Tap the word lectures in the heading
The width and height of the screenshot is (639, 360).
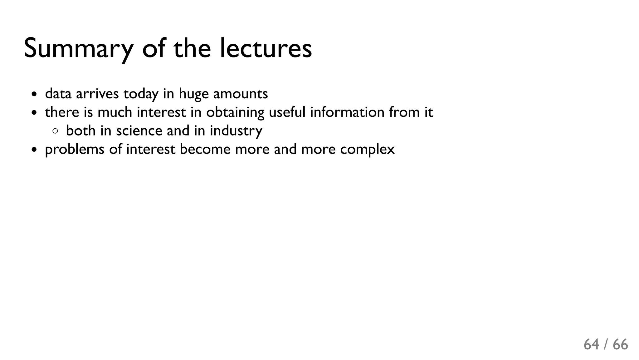266,49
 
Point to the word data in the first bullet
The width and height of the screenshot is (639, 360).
58,94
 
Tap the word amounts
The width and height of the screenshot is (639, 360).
240,94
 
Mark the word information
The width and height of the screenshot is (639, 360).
347,112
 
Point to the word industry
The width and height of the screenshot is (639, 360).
236,131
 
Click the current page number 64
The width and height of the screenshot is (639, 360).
591,345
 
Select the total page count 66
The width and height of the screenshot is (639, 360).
620,345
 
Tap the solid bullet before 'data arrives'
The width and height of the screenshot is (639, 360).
34,94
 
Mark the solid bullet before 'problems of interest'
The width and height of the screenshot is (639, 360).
34,150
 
